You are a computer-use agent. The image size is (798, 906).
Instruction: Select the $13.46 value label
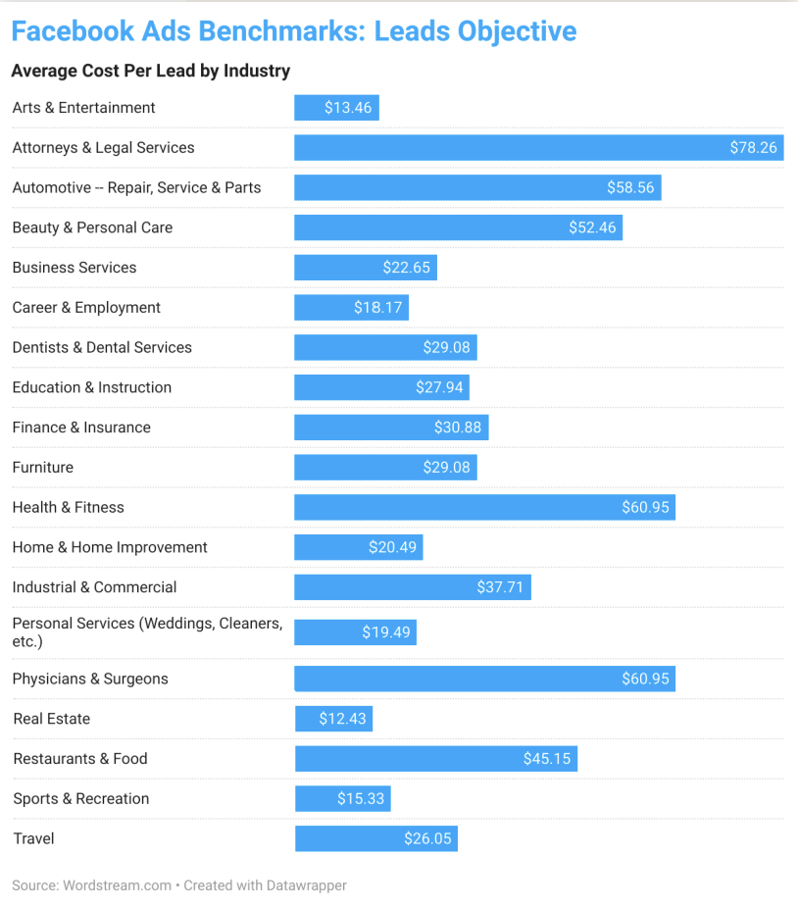pyautogui.click(x=348, y=108)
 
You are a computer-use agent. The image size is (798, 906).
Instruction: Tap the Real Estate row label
pyautogui.click(x=51, y=719)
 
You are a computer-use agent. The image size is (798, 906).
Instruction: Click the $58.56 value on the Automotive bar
pyautogui.click(x=630, y=187)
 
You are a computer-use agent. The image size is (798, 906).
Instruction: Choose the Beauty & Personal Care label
pyautogui.click(x=92, y=227)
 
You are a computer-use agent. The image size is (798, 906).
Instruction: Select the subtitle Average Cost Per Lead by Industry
pyautogui.click(x=150, y=71)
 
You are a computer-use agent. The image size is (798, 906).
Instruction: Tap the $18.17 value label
pyautogui.click(x=377, y=308)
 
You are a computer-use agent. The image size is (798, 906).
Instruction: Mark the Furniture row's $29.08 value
pyautogui.click(x=446, y=468)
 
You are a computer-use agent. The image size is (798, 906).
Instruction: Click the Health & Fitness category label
pyautogui.click(x=68, y=507)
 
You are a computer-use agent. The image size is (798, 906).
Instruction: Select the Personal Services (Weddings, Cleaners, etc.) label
pyautogui.click(x=147, y=631)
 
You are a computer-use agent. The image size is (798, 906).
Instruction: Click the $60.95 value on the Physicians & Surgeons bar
pyautogui.click(x=645, y=679)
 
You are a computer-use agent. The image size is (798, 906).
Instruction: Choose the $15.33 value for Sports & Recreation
pyautogui.click(x=361, y=799)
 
